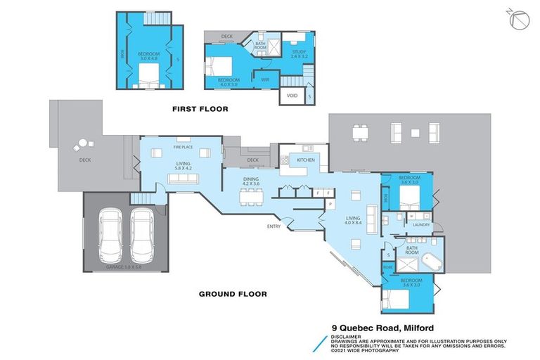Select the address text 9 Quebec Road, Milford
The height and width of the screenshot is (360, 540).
pyautogui.click(x=384, y=327)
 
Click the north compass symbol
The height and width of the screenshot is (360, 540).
pyautogui.click(x=517, y=20)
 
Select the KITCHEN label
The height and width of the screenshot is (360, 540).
pyautogui.click(x=305, y=160)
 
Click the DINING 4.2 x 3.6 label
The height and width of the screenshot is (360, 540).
pyautogui.click(x=251, y=181)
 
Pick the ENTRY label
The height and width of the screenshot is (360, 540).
pyautogui.click(x=274, y=226)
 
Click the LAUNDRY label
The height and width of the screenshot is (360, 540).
pyautogui.click(x=420, y=225)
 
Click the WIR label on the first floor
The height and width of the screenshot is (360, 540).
pyautogui.click(x=264, y=79)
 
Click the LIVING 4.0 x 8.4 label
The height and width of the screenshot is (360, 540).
pyautogui.click(x=352, y=221)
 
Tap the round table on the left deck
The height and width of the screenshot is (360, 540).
pyautogui.click(x=82, y=144)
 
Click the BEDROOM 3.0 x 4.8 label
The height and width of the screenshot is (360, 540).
pyautogui.click(x=148, y=56)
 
